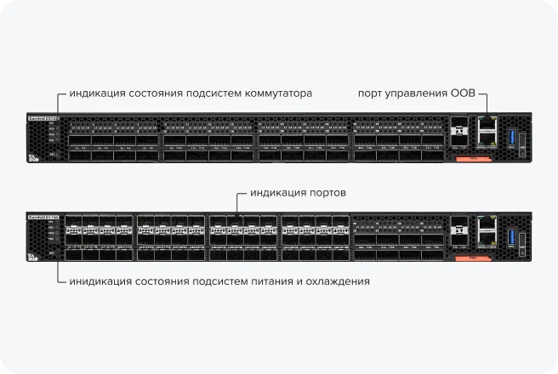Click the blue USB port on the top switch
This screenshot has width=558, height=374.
(x=511, y=136)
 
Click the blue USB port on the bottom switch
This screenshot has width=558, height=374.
(x=511, y=235)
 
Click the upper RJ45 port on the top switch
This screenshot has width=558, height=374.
(x=488, y=123)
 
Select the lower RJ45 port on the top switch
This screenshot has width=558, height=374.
(x=488, y=139)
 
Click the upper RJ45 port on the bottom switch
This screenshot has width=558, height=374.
(x=488, y=223)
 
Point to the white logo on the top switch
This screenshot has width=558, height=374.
(x=33, y=157)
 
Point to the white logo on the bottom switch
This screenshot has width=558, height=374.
(x=33, y=257)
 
